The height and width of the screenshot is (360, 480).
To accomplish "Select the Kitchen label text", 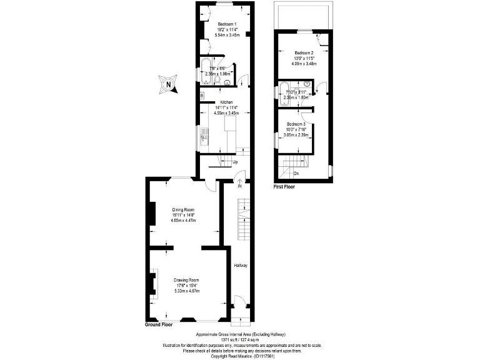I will click(225, 102).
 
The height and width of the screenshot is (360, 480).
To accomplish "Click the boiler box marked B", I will click(202, 95).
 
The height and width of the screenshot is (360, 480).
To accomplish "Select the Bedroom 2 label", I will click(304, 52).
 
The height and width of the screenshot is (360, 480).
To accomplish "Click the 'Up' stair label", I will click(235, 162).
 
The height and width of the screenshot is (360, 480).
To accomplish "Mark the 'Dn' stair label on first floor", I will click(296, 173).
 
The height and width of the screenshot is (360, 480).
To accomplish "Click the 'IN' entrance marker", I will click(239, 186).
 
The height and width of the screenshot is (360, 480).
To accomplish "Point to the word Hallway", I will click(241, 266).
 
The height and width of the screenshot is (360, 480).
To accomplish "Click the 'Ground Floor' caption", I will click(159, 325).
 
